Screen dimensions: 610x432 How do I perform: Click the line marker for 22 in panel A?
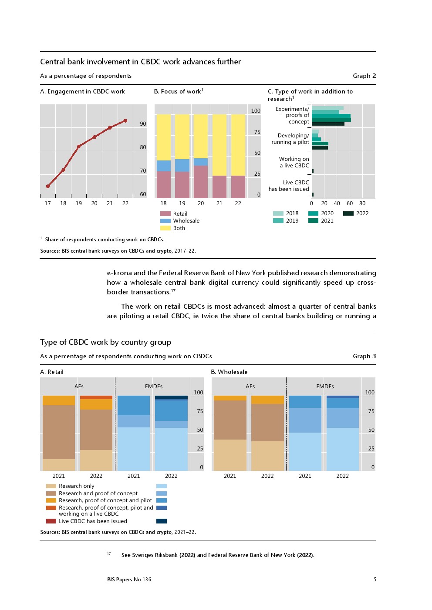pos(125,120)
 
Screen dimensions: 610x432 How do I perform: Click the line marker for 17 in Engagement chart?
pos(48,186)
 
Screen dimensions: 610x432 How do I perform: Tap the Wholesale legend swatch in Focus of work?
pos(165,221)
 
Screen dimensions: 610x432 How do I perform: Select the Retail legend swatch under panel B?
pos(165,213)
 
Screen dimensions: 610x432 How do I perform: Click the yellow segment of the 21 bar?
pos(219,145)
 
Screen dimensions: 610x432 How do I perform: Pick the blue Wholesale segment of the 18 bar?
pos(164,166)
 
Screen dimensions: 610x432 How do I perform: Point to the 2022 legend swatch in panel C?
pos(348,213)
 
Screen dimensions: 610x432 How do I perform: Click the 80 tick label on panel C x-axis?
pos(362,203)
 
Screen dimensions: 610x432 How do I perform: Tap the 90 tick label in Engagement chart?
pos(143,124)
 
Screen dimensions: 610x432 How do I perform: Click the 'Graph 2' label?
pos(364,76)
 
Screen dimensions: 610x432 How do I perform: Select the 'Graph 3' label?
pos(364,356)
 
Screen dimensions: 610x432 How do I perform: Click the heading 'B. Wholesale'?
pos(229,372)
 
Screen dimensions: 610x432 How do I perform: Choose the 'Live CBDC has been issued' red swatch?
pos(51,521)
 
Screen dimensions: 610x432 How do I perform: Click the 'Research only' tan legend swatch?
pos(51,486)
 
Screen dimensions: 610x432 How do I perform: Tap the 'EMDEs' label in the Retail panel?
pos(154,386)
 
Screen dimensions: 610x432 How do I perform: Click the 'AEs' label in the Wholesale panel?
pos(250,386)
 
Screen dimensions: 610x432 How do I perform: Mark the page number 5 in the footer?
pos(375,579)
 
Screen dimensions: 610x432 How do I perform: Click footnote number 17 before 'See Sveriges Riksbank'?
pos(109,553)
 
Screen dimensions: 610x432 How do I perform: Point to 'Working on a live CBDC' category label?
pos(294,162)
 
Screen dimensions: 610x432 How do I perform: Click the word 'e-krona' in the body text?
pos(119,273)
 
